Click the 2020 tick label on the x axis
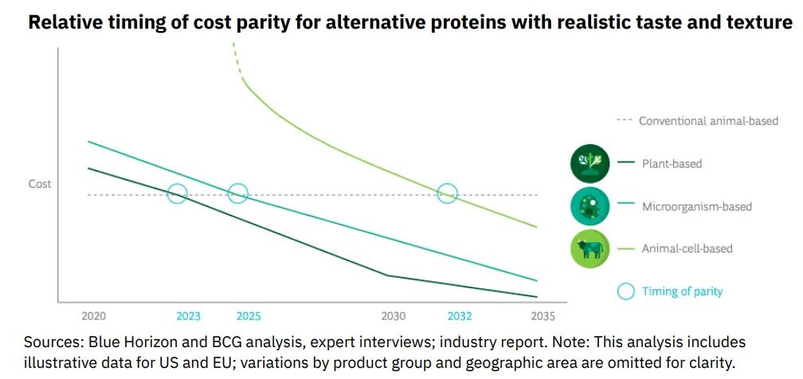point(93,316)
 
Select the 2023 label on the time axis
point(189,316)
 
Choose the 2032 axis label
point(460,316)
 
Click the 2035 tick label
point(543,316)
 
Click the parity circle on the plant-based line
point(177,193)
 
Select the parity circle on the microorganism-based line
point(237,193)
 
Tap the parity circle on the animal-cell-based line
point(448,193)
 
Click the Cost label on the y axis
point(40,184)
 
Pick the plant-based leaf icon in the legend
point(590,164)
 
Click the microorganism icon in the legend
point(590,206)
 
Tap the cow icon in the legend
point(590,248)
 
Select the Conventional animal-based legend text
point(708,121)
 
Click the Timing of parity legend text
point(682,291)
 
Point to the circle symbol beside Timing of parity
point(626,291)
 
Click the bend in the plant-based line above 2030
point(387,275)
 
